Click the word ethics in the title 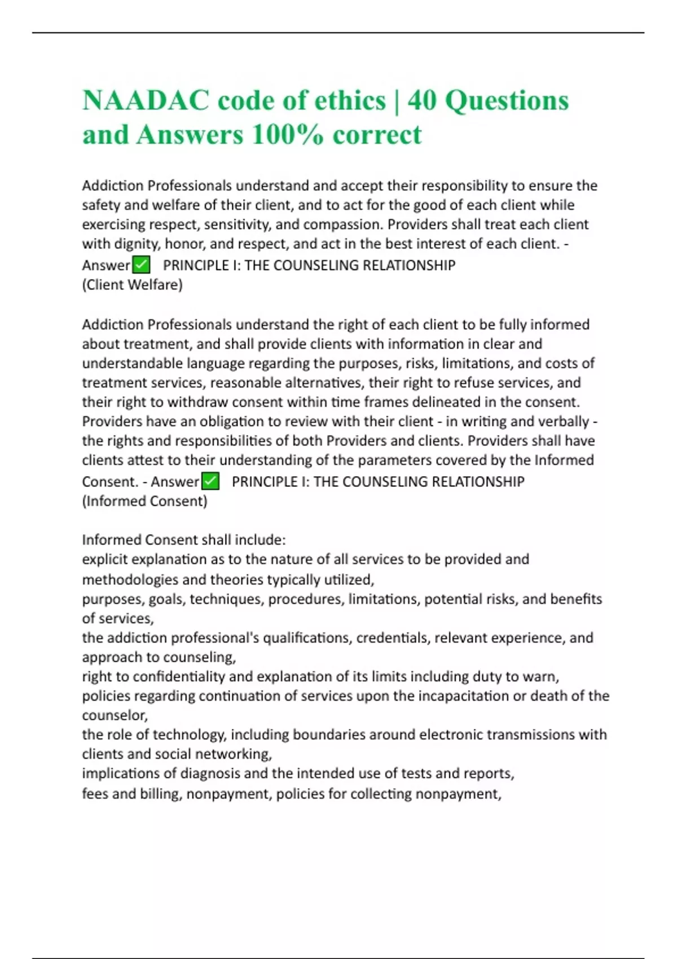349,101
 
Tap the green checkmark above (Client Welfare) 141,265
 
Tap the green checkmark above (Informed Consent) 210,481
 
